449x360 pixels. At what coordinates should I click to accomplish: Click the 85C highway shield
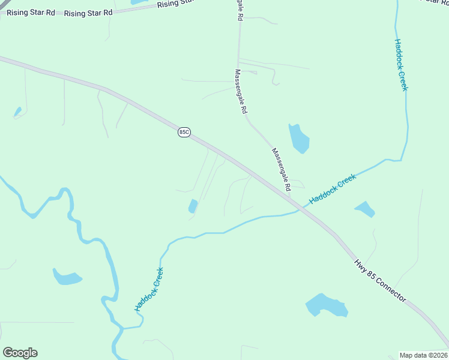[184, 132]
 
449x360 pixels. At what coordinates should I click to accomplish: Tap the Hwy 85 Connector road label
[379, 281]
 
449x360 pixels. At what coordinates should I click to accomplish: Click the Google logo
[20, 353]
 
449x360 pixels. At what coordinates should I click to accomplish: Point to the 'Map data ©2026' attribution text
[423, 355]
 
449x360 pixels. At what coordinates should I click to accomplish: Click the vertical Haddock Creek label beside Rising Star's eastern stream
[401, 65]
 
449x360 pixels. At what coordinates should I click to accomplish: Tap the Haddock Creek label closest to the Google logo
[149, 289]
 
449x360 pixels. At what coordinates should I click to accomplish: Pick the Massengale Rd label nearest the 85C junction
[281, 170]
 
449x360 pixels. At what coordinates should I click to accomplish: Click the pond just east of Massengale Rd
[298, 139]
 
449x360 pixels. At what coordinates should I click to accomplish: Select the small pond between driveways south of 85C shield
[193, 206]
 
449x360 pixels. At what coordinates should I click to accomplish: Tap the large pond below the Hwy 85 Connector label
[327, 305]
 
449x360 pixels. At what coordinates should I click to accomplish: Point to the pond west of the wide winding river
[67, 277]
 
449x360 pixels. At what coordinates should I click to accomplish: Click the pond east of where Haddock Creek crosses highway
[365, 209]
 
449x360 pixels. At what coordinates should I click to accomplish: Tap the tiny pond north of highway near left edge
[18, 112]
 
